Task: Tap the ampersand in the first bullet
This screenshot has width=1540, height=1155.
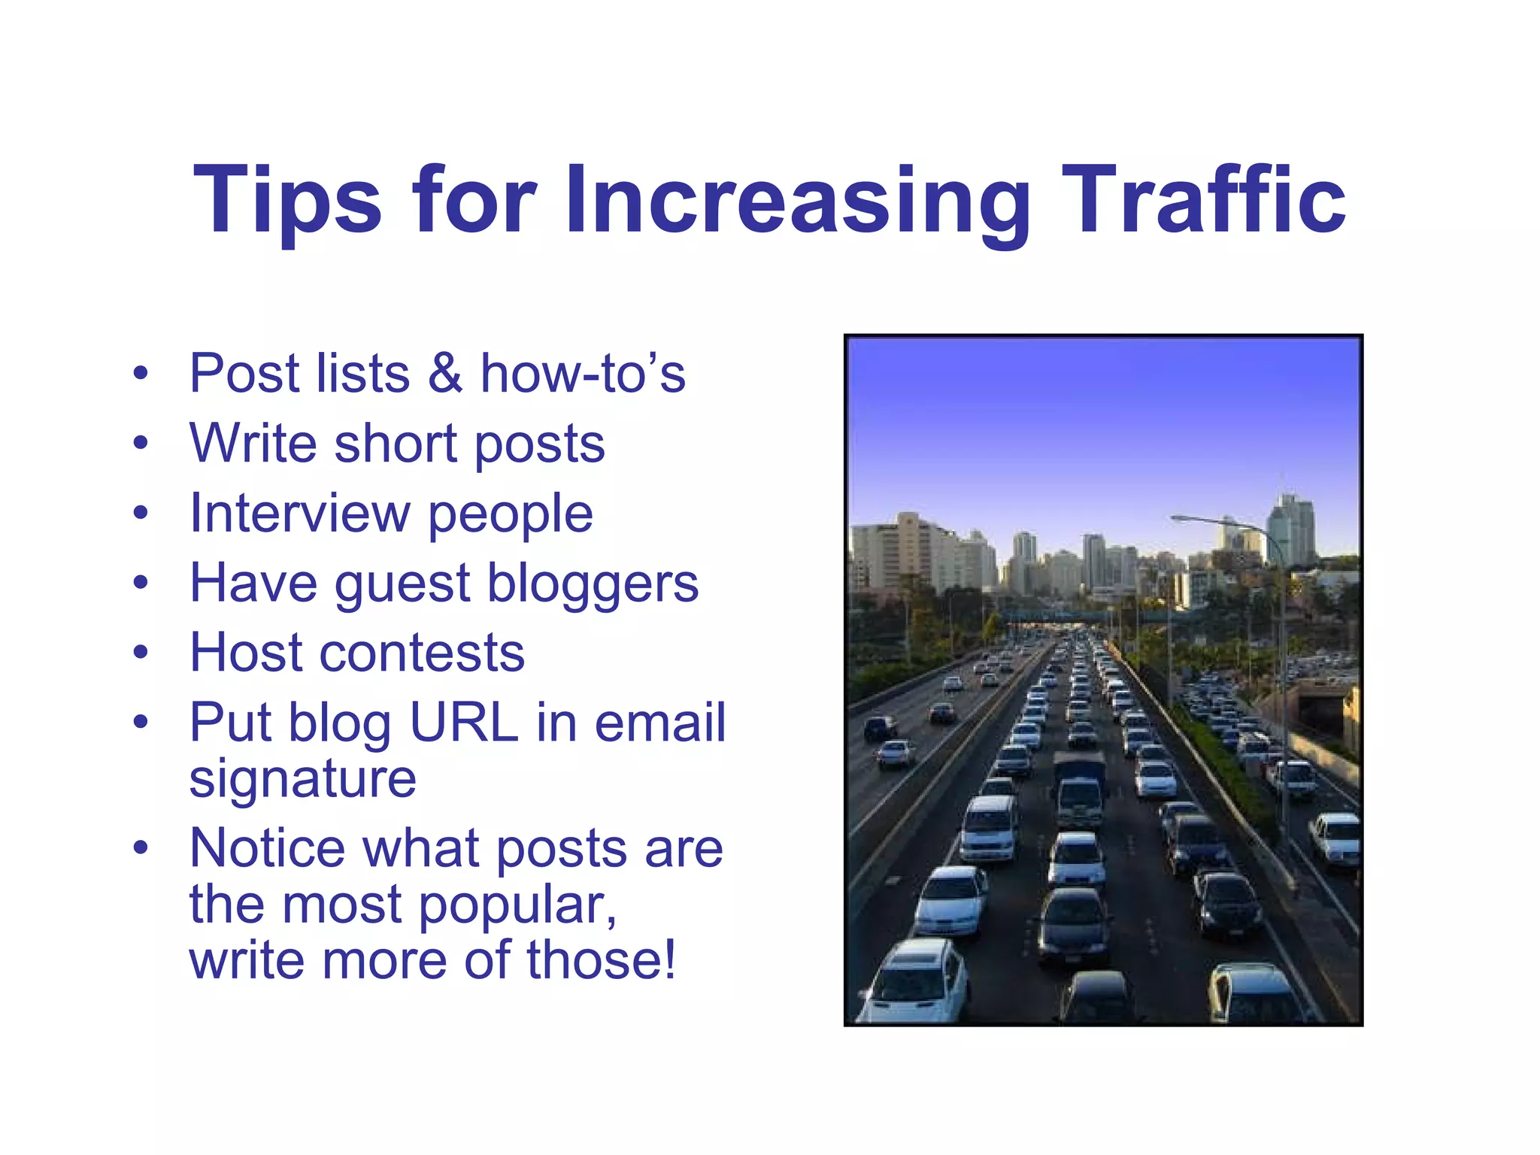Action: point(445,374)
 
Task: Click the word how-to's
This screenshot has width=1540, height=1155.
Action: point(583,374)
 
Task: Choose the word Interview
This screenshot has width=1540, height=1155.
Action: point(300,514)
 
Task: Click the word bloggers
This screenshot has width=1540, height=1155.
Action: point(593,585)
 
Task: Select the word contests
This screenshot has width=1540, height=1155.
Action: point(421,653)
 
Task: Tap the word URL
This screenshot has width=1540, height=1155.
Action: point(463,723)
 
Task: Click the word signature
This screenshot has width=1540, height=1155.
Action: point(302,779)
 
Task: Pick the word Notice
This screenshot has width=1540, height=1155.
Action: point(267,848)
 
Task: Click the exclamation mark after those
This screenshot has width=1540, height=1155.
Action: point(668,960)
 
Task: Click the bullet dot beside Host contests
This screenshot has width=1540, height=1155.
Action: point(141,653)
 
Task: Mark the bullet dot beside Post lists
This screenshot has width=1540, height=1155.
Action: point(141,374)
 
